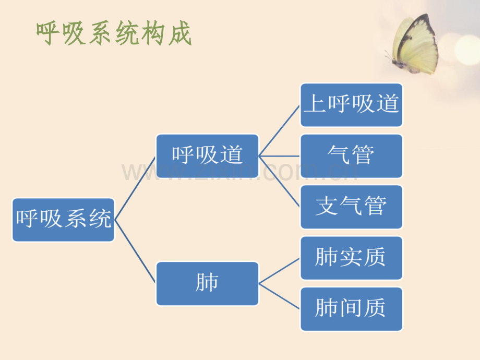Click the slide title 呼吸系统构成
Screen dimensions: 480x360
pos(114,33)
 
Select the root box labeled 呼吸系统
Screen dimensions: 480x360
pos(63,220)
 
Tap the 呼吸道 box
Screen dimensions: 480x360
pos(207,156)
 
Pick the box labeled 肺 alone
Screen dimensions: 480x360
pos(207,283)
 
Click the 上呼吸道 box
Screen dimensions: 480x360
pos(352,105)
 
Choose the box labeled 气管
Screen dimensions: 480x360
pos(352,156)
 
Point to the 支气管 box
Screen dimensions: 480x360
pos(352,207)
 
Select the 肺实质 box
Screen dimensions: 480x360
pos(352,258)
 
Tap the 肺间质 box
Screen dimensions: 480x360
pos(352,309)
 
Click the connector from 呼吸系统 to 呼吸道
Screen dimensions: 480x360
pos(135,188)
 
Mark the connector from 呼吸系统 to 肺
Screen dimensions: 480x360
pos(135,251)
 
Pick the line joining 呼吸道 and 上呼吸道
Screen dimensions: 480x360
pos(280,131)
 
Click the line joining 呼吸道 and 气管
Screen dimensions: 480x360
pos(280,156)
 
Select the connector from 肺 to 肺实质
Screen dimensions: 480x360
pos(280,271)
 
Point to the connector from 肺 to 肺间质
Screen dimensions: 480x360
pos(280,296)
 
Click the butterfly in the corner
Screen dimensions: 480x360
pos(412,44)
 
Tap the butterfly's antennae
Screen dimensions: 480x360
pos(389,55)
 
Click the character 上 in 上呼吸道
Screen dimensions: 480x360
pos(315,103)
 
